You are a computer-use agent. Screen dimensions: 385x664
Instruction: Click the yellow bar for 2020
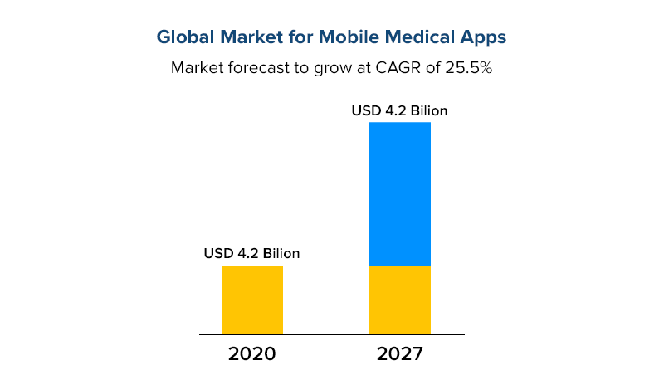point(252,300)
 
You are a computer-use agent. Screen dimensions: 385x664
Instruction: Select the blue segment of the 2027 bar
point(400,193)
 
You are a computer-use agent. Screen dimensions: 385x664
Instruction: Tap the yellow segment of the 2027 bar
point(400,300)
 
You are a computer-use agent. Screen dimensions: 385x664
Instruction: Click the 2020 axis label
point(251,354)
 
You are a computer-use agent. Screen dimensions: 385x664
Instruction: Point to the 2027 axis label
point(400,354)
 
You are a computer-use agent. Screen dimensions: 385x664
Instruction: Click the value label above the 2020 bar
point(251,253)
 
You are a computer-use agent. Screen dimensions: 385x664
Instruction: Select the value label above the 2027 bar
point(400,110)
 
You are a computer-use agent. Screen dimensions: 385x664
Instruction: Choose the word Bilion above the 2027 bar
point(427,110)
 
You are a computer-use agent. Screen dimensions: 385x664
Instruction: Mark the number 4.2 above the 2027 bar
point(393,110)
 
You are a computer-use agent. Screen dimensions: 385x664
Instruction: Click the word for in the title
point(293,37)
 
